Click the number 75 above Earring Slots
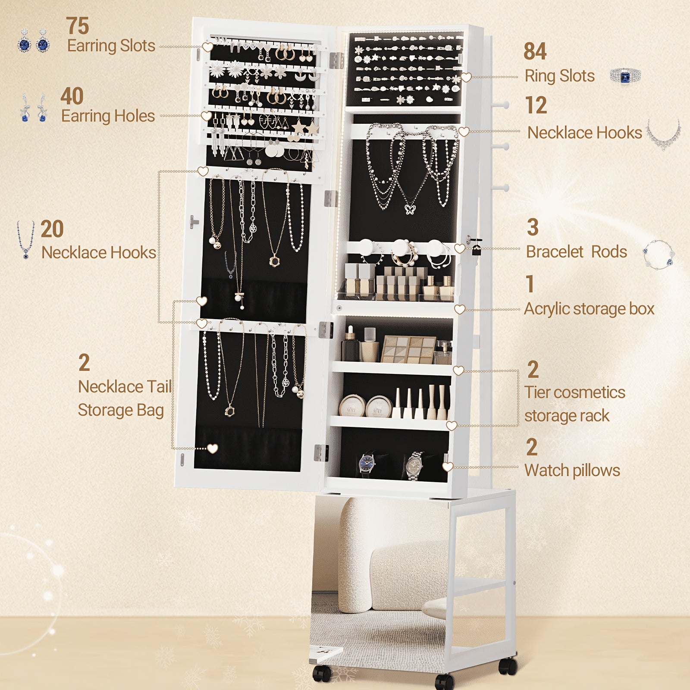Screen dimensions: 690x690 [78, 26]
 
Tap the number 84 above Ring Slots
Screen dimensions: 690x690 [535, 51]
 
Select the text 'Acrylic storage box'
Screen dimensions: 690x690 [589, 309]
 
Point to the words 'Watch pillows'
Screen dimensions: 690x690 [572, 470]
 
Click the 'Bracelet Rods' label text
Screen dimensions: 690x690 [577, 251]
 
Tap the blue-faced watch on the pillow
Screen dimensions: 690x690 [367, 464]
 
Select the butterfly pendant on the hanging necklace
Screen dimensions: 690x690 [409, 209]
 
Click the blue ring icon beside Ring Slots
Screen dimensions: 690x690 [626, 76]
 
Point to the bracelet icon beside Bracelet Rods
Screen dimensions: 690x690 [658, 254]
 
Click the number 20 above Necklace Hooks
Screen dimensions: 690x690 [52, 229]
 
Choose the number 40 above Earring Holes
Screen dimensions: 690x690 [72, 96]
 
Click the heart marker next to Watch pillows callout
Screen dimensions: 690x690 [448, 467]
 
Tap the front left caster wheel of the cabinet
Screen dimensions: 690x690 [322, 673]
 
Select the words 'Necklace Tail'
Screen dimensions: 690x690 [125, 387]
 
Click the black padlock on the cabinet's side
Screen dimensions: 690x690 [476, 249]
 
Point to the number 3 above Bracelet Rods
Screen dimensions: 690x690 [533, 227]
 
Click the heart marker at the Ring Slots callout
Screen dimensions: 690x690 [466, 77]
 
